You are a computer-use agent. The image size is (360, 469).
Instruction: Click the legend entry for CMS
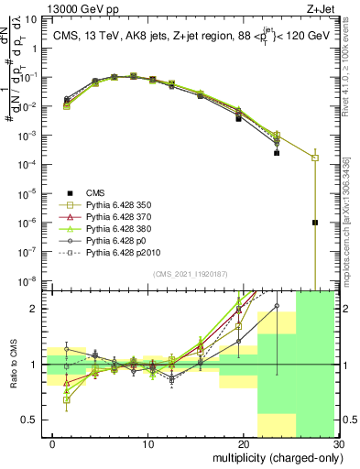coord(95,192)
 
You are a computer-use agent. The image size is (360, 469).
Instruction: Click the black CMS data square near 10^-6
coord(315,223)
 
